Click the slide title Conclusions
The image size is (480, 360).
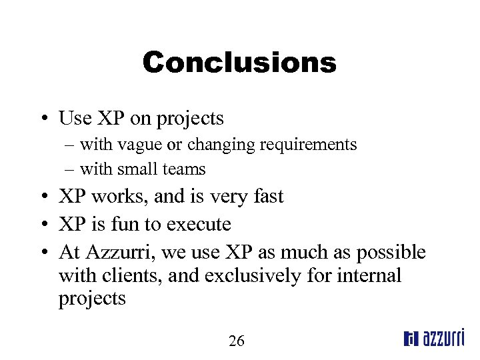point(239,63)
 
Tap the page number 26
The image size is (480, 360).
point(237,341)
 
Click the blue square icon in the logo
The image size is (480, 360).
point(411,339)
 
